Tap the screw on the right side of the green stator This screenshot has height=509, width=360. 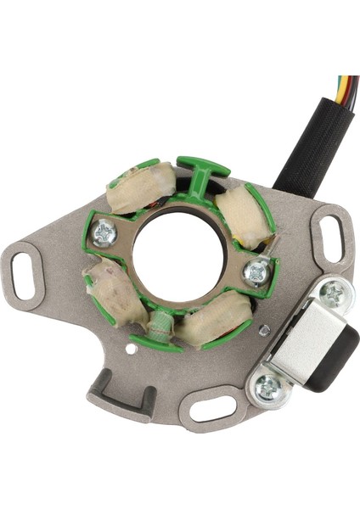256,271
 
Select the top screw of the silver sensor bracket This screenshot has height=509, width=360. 335,294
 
